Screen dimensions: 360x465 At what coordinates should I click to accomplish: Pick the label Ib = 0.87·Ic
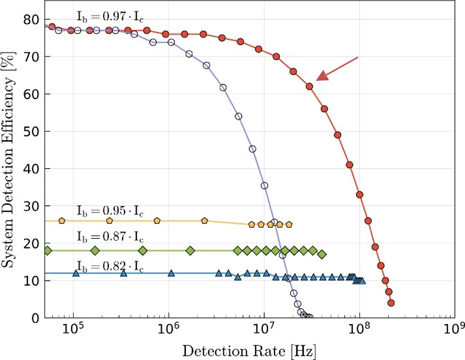(x=110, y=237)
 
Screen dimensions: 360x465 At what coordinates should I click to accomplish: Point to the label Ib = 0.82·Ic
(x=110, y=265)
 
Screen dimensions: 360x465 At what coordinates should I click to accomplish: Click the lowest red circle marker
(x=391, y=303)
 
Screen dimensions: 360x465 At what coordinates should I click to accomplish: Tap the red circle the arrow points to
(x=309, y=86)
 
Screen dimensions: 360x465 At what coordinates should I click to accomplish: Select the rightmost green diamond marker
(x=322, y=254)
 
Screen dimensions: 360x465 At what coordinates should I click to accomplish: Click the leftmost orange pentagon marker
(x=62, y=221)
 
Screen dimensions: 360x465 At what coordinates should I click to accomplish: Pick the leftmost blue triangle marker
(x=76, y=273)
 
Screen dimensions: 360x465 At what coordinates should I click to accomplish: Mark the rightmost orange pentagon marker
(x=289, y=224)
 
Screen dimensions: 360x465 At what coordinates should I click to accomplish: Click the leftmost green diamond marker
(x=48, y=250)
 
